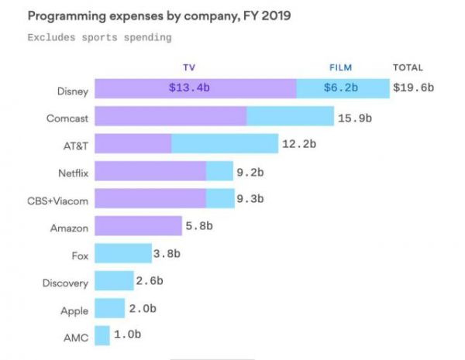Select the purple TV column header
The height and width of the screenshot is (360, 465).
click(x=190, y=67)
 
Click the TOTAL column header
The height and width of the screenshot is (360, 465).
click(x=408, y=67)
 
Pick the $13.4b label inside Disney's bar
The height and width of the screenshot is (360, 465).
click(x=189, y=87)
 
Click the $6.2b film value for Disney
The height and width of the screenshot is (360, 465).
click(x=340, y=87)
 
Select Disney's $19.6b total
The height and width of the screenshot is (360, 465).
click(x=413, y=87)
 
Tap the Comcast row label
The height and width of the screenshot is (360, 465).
click(x=67, y=117)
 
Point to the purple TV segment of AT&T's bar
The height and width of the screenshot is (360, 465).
click(x=133, y=144)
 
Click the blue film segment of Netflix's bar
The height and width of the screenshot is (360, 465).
click(x=219, y=171)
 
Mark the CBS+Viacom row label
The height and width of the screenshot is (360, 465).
click(x=58, y=200)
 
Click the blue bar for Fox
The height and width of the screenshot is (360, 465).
click(x=123, y=254)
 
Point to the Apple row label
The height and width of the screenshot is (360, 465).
click(x=75, y=310)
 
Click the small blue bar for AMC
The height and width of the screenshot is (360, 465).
click(x=102, y=336)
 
